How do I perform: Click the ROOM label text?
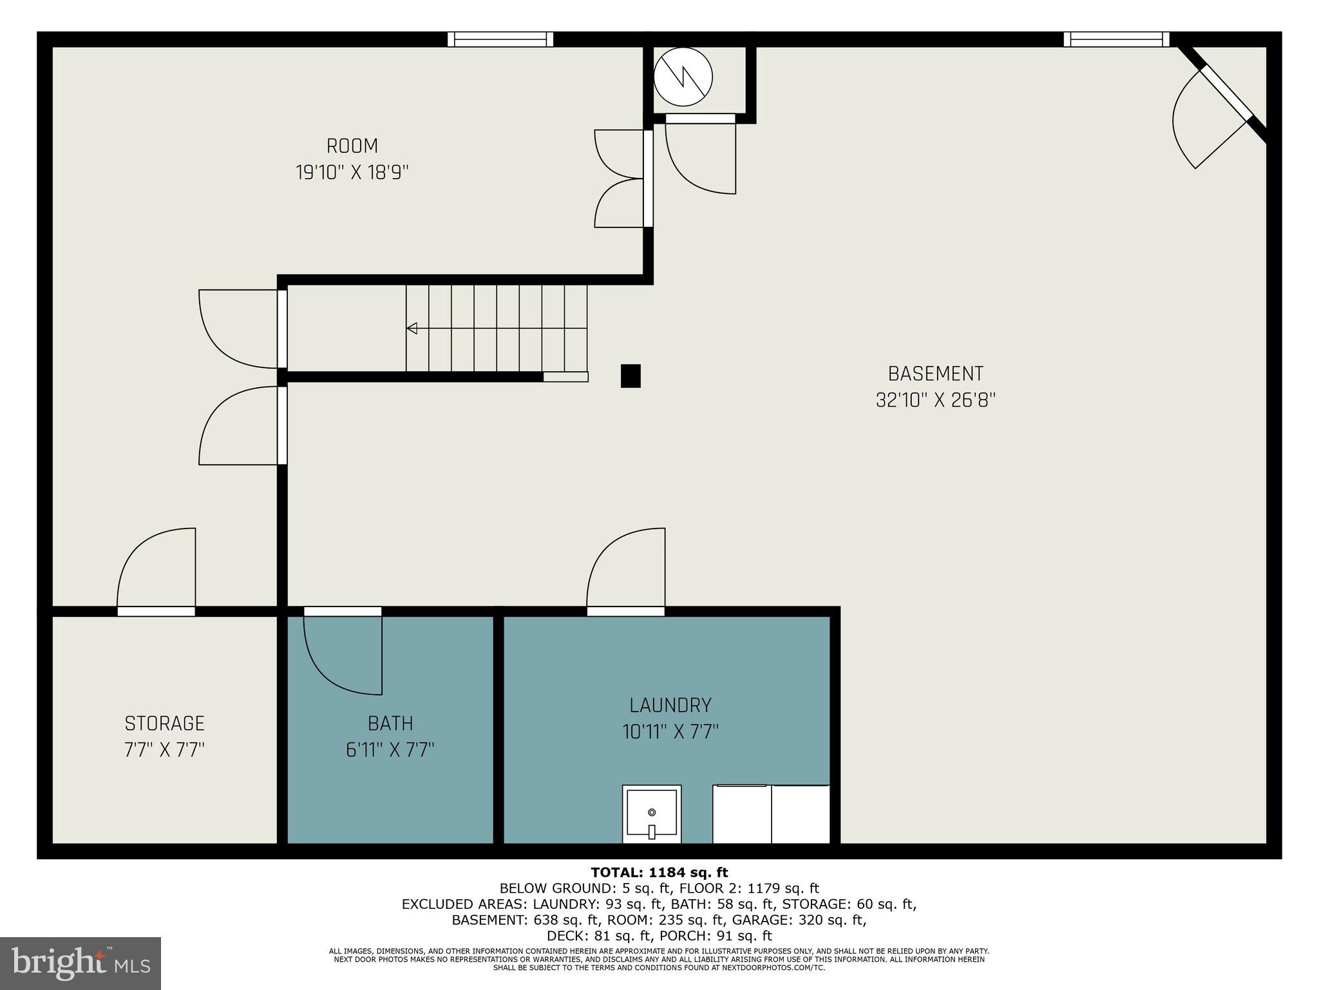[352, 146]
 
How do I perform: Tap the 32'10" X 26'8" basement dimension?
[935, 401]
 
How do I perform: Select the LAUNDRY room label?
[670, 705]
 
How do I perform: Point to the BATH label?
[390, 724]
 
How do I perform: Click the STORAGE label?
[164, 723]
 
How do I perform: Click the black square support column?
[631, 376]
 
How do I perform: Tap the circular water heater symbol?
[683, 77]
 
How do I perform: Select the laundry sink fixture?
[651, 813]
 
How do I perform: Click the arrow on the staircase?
[412, 328]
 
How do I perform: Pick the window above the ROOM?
[500, 39]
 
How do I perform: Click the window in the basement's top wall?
[1116, 39]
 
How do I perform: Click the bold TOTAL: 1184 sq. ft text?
[659, 873]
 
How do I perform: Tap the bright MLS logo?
[81, 964]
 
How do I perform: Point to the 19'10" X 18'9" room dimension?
[352, 173]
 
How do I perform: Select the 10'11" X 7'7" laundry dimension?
[670, 732]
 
